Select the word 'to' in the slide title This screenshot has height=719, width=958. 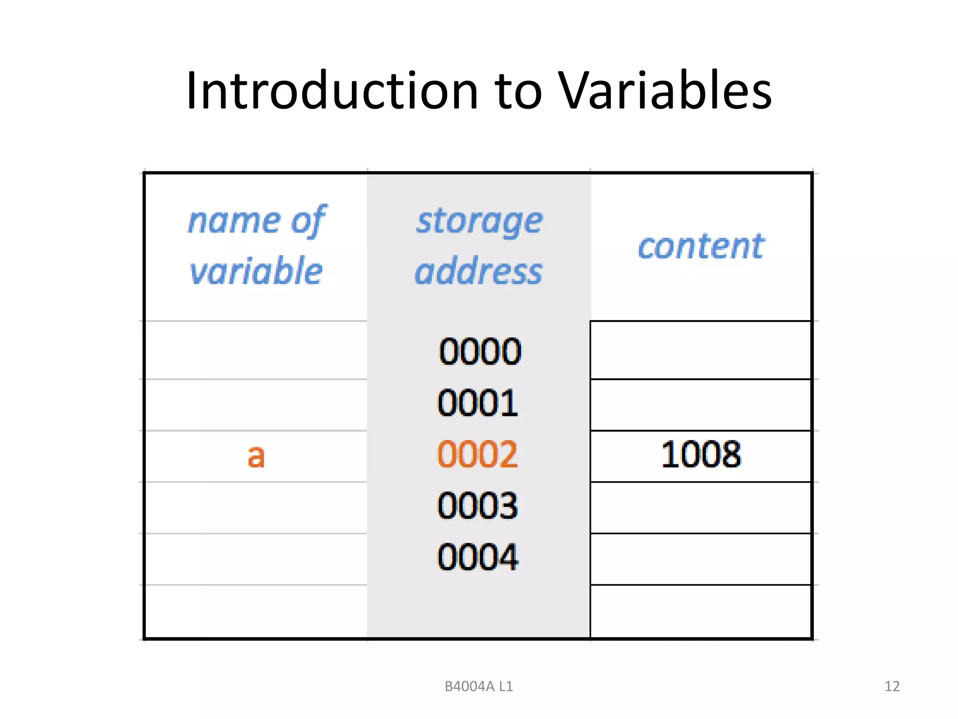click(518, 91)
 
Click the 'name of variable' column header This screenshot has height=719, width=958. click(256, 245)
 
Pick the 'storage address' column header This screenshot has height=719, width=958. click(479, 245)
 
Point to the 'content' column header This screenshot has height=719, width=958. click(701, 246)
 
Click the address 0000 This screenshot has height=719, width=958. click(479, 351)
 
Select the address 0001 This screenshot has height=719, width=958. click(478, 403)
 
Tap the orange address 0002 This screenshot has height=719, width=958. click(478, 454)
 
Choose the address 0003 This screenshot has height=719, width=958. click(478, 506)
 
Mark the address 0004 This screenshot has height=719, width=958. click(478, 557)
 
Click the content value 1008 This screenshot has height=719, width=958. click(701, 454)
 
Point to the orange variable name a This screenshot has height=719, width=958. click(256, 456)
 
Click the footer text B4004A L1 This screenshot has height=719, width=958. click(479, 686)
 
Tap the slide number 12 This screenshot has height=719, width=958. click(892, 686)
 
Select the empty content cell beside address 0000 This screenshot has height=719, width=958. click(701, 350)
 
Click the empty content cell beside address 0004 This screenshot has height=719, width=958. click(701, 559)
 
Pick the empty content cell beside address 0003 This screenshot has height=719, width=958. click(701, 507)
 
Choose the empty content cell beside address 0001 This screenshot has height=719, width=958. click(701, 404)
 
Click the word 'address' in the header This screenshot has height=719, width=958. click(479, 271)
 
